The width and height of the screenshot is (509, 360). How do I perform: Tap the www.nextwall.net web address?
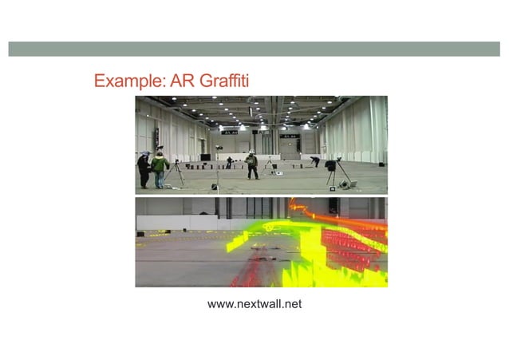254,304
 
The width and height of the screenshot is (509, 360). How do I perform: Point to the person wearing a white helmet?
251,164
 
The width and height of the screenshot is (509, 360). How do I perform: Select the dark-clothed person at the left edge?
144,169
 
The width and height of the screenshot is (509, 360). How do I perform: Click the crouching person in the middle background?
230,162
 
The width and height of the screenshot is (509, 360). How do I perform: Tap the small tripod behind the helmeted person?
269,166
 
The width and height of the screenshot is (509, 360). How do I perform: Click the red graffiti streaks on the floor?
259,263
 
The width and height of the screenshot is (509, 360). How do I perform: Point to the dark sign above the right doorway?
288,136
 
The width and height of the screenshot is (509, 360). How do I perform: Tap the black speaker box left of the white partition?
206,157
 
